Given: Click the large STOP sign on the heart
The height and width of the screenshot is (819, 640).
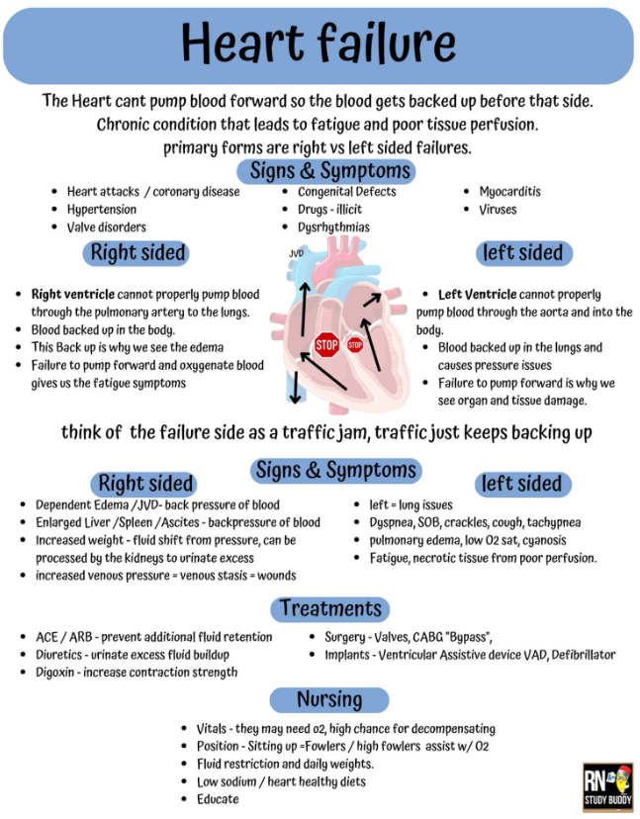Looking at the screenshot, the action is [x=327, y=345].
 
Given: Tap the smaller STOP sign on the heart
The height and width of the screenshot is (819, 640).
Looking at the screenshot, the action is [x=355, y=344].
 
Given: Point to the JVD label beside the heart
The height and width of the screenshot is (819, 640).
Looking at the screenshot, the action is [x=296, y=254].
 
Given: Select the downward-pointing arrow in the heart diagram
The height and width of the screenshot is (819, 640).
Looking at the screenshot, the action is [x=295, y=387].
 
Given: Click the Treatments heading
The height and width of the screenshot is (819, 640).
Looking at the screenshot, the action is [x=330, y=609].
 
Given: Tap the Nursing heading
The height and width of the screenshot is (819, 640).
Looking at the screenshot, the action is [x=329, y=700].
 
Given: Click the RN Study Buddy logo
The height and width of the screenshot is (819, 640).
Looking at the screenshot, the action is [x=607, y=787].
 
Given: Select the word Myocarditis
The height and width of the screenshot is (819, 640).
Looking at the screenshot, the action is [x=509, y=192].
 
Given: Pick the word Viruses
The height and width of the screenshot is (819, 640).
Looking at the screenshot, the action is [x=498, y=210].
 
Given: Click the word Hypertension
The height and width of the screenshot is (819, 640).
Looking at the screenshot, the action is [x=101, y=210].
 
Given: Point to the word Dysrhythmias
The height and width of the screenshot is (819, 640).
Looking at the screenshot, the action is [x=333, y=227].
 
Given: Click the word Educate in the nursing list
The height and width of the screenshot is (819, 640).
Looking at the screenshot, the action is [x=218, y=799].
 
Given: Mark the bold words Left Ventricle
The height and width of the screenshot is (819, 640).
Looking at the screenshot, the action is [x=478, y=295].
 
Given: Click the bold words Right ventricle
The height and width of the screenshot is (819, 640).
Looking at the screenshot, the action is [x=72, y=295].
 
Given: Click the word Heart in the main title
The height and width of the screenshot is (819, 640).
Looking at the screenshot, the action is [x=242, y=43].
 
